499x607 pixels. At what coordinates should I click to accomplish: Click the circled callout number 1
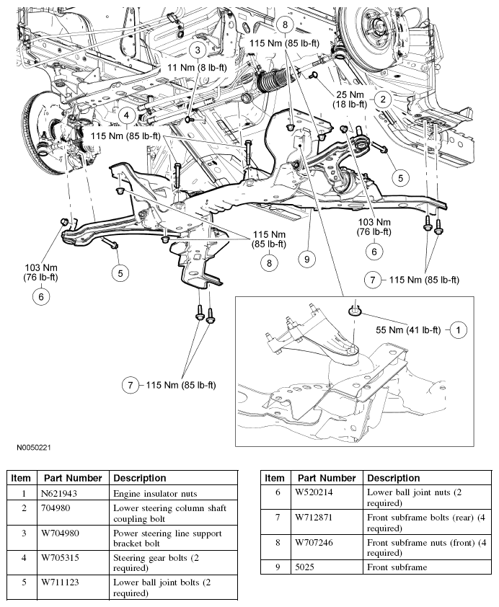(x=457, y=329)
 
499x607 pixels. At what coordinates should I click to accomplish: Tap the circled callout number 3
(x=197, y=49)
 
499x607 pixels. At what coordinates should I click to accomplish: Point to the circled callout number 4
(x=125, y=115)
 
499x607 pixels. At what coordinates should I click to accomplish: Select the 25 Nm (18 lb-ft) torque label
(x=351, y=100)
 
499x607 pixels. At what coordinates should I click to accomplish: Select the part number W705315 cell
(x=64, y=556)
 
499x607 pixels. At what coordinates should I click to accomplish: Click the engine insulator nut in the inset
(x=355, y=311)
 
